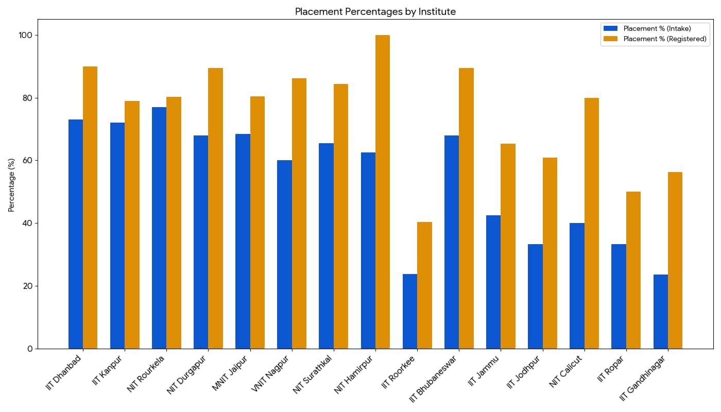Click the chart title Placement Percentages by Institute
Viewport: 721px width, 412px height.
point(375,11)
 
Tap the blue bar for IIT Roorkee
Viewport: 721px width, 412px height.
point(410,311)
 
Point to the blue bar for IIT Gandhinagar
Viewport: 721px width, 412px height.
point(661,312)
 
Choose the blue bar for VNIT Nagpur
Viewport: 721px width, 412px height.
point(284,254)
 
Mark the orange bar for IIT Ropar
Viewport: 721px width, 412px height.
point(633,270)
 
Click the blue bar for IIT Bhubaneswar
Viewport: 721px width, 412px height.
point(452,242)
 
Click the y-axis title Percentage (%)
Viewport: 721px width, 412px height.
point(11,184)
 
